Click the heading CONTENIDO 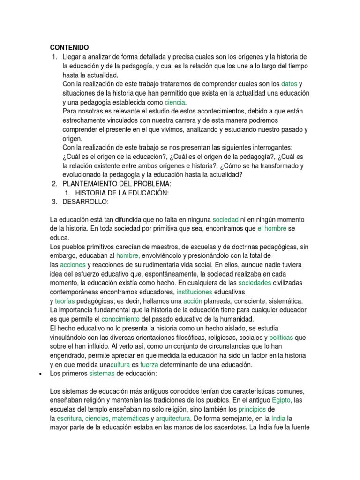(69, 47)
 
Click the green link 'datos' (289, 84)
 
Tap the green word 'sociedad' (225, 219)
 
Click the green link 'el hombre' (272, 228)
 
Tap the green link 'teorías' (64, 300)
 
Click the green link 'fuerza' (149, 364)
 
